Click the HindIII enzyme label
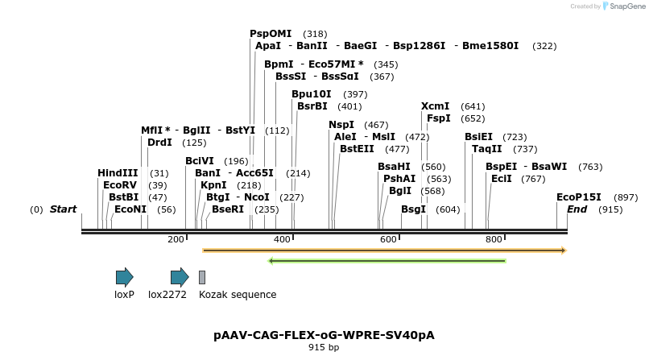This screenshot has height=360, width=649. (x=118, y=173)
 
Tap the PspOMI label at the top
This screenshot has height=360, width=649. (x=271, y=34)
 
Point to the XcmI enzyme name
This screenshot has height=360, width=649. (x=436, y=106)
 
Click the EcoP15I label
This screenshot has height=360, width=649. (x=579, y=197)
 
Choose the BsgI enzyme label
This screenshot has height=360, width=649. (x=413, y=209)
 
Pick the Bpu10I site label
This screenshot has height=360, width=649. (x=312, y=94)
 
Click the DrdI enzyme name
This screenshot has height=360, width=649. (x=160, y=143)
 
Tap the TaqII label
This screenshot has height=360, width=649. (x=487, y=149)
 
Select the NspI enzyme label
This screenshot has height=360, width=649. (x=341, y=125)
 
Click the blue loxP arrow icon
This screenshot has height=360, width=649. (x=124, y=278)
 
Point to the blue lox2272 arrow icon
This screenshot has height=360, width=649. (x=180, y=278)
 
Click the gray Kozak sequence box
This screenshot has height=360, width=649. (x=202, y=278)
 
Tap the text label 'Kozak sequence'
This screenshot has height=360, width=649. (x=238, y=295)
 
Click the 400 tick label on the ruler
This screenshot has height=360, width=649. (x=282, y=239)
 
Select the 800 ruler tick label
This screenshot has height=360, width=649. (x=493, y=239)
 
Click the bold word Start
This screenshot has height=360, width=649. (x=63, y=209)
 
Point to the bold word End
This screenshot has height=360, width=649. (x=577, y=209)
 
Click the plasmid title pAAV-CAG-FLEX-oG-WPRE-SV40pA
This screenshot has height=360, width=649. (x=324, y=334)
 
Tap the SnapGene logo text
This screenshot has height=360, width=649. (x=628, y=6)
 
